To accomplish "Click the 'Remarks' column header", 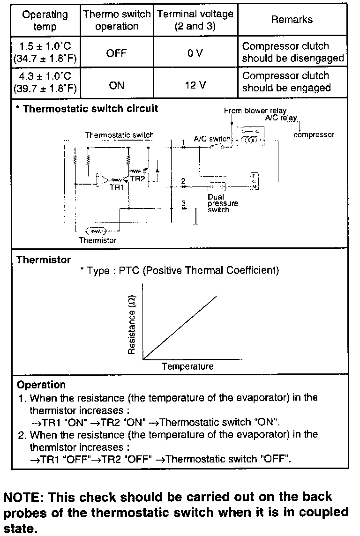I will [292, 20].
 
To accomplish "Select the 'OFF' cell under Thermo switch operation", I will [116, 53].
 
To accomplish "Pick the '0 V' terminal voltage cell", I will [195, 53].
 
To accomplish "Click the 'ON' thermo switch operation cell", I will [116, 85].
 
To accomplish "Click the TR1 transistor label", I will [116, 187].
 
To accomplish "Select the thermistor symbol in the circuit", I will [96, 231].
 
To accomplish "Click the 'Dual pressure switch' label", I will [223, 203].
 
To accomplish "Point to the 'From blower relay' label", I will [255, 111].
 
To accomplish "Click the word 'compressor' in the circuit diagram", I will [314, 135].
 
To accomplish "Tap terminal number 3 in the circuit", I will [184, 203].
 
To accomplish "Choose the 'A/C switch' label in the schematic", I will [212, 139].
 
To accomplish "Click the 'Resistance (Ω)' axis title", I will [132, 325].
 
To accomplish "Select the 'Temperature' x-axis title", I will [187, 366].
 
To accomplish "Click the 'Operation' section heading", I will [41, 385].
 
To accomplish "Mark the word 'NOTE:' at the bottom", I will [23, 497].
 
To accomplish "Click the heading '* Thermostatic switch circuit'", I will [87, 109].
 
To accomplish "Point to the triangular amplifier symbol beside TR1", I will [103, 180].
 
